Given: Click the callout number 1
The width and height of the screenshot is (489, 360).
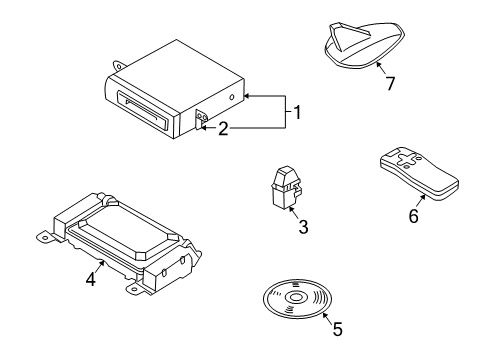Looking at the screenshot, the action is pyautogui.click(x=297, y=112).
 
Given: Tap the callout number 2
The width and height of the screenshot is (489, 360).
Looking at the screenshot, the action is pyautogui.click(x=223, y=129).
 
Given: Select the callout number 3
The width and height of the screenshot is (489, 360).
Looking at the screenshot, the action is pyautogui.click(x=303, y=227).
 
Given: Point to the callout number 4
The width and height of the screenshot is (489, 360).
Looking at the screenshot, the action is pyautogui.click(x=91, y=279).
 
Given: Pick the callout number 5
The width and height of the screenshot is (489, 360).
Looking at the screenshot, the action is pyautogui.click(x=337, y=329).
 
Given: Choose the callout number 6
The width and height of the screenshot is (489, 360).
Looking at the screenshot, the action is pyautogui.click(x=413, y=216).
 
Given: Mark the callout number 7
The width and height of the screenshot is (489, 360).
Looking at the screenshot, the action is pyautogui.click(x=390, y=83).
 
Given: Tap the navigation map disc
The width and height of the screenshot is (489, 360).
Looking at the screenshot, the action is pyautogui.click(x=298, y=298).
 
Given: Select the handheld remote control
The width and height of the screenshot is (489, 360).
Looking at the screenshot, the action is pyautogui.click(x=419, y=173).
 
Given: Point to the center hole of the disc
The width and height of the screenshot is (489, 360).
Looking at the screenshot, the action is pyautogui.click(x=295, y=297).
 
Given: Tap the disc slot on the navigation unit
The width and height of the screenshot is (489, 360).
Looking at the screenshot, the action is pyautogui.click(x=144, y=110).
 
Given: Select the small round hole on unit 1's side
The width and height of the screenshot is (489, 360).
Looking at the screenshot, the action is pyautogui.click(x=231, y=98).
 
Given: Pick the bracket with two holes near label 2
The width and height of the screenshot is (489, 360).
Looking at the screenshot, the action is pyautogui.click(x=201, y=120).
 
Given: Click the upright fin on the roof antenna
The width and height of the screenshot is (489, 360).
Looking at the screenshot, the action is pyautogui.click(x=336, y=38).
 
